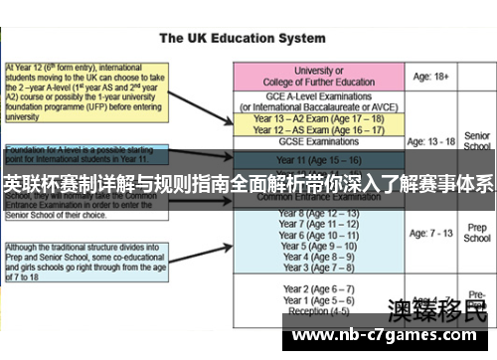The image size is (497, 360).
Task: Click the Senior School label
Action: [x=477, y=140]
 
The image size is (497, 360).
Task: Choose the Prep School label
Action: [x=477, y=233]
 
